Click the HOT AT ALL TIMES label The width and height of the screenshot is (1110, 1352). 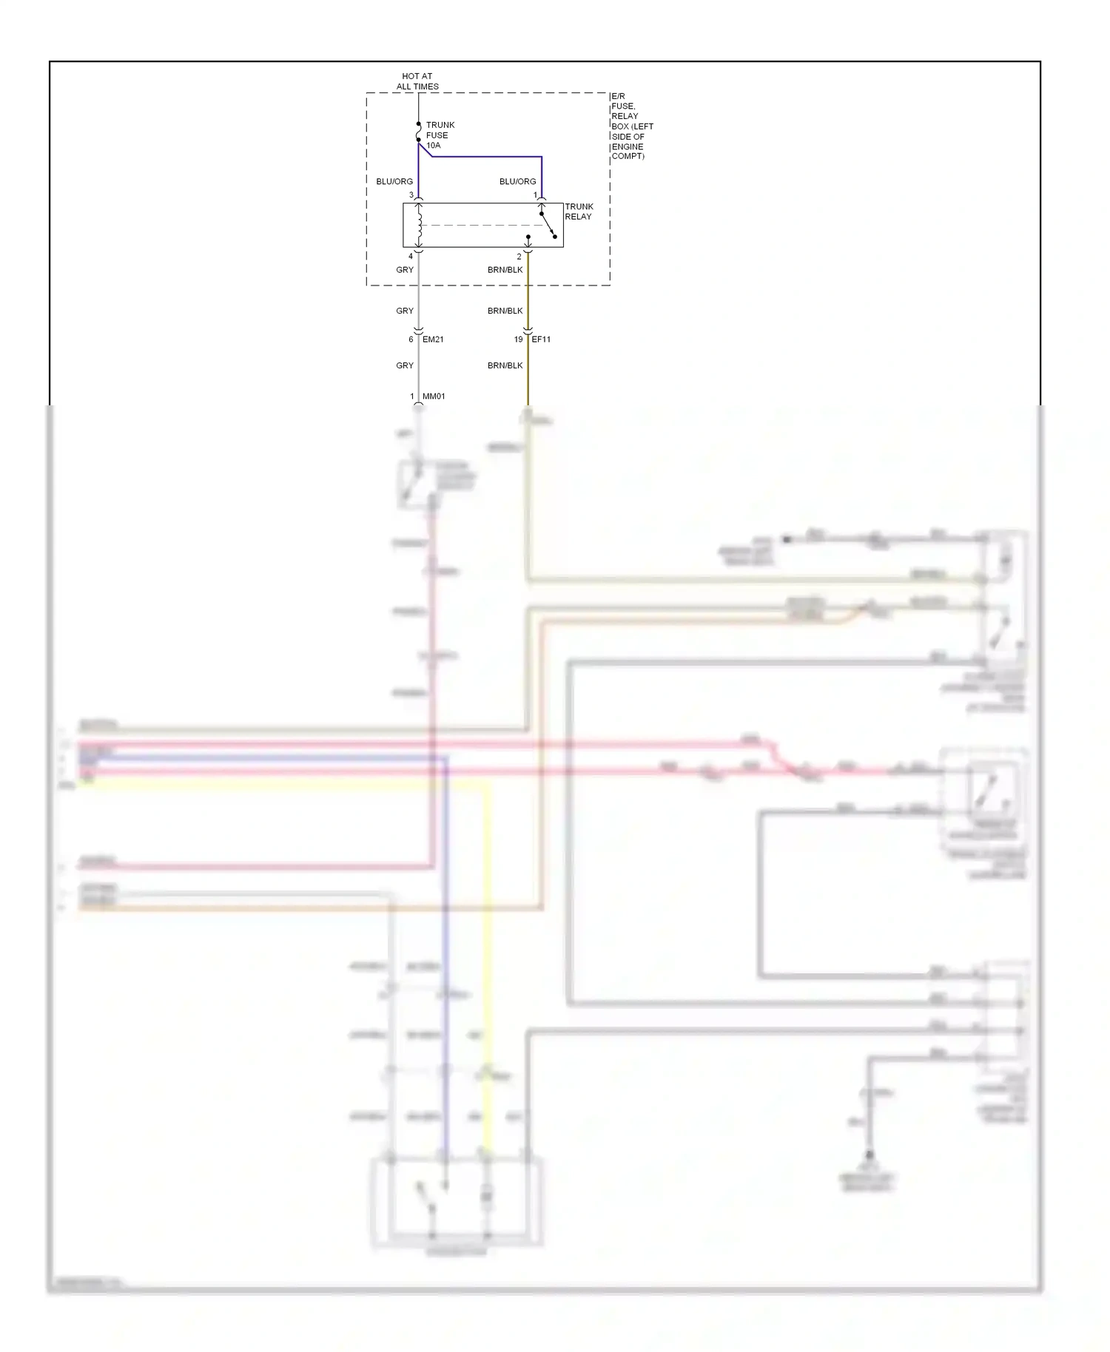pos(417,81)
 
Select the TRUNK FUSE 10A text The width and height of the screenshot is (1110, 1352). pos(440,135)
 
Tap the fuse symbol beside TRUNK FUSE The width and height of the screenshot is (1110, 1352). pos(419,132)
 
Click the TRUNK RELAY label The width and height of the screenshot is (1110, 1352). pos(579,212)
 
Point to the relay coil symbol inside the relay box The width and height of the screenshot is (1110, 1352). pos(419,226)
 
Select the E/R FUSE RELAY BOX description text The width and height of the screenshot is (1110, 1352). pos(631,126)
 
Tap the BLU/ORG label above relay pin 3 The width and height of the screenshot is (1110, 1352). pos(394,181)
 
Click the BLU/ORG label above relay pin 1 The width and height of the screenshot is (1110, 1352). pos(517,181)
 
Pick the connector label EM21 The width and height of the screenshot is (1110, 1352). pos(433,339)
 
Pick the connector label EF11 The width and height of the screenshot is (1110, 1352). pos(541,339)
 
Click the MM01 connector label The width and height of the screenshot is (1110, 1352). pos(434,396)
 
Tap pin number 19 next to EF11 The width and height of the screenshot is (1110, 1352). pos(518,339)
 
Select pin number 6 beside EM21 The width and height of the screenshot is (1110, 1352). pos(411,339)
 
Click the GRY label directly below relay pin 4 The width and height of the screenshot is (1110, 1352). pos(405,270)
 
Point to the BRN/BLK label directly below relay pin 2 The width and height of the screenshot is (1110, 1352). pos(505,270)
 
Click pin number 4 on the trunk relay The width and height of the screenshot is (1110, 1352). pos(411,257)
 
